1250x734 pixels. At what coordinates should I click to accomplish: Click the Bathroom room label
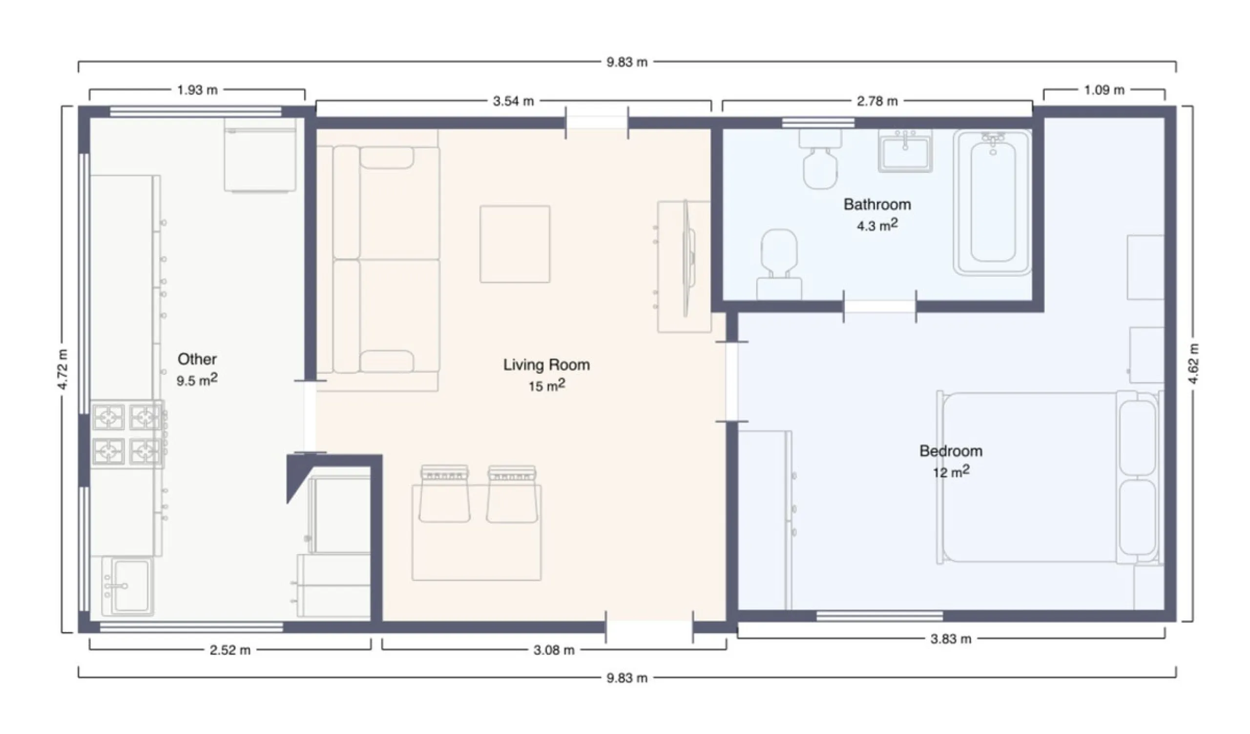[877, 204]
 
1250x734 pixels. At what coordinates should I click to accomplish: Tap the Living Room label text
[546, 365]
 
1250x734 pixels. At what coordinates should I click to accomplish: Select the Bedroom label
[950, 451]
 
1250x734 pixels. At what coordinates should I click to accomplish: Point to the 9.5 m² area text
[197, 380]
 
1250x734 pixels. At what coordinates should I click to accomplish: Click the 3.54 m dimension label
[513, 102]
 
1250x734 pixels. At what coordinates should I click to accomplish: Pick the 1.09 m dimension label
[1104, 90]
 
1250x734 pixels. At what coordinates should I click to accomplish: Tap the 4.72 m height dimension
[63, 369]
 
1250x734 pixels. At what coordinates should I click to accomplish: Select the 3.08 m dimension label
[554, 650]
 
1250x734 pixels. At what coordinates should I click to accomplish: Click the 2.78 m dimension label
[877, 102]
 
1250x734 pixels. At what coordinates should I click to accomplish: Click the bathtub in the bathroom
[992, 203]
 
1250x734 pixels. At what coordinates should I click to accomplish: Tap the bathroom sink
[905, 151]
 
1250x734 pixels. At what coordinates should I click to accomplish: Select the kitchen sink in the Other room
[127, 587]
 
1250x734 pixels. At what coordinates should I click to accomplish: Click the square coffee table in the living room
[514, 245]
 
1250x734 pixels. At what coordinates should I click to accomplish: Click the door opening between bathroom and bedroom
[879, 306]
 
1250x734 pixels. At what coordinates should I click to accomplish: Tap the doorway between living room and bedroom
[731, 381]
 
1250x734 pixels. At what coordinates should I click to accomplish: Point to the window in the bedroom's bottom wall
[879, 616]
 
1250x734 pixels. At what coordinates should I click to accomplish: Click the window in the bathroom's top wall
[818, 123]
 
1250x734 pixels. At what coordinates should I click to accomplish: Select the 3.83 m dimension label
[950, 639]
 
